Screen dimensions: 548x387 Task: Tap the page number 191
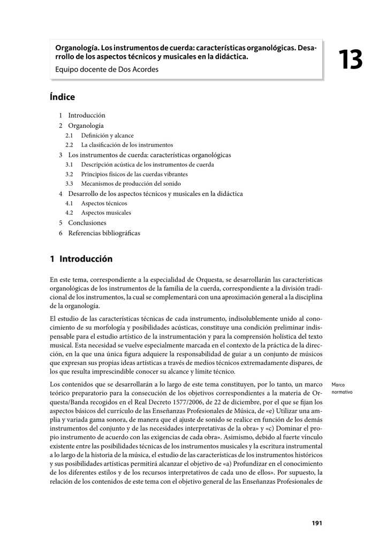pyautogui.click(x=316, y=523)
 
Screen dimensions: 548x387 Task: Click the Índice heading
pyautogui.click(x=62, y=97)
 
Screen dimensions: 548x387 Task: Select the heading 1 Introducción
pyautogui.click(x=81, y=259)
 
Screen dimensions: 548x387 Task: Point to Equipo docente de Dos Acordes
pyautogui.click(x=107, y=69)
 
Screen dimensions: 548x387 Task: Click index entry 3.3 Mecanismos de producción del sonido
pyautogui.click(x=131, y=184)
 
